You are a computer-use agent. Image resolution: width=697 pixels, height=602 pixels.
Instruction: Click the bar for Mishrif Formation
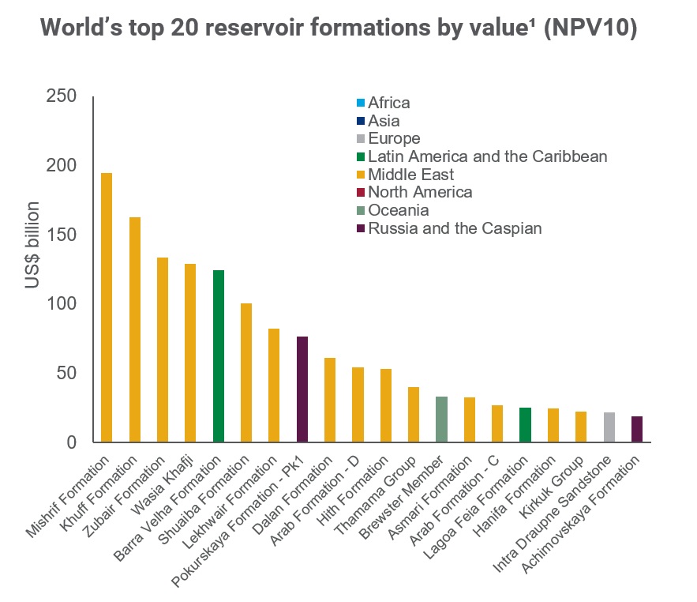[x=107, y=308]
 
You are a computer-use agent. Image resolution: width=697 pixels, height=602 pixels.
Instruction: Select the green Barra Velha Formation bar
[x=219, y=356]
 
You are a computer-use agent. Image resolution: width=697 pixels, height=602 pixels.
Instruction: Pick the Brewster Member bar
[x=441, y=420]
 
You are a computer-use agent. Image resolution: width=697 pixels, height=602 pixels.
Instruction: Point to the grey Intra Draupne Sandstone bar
[x=609, y=427]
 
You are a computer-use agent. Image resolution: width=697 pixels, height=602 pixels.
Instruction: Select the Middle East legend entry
[x=410, y=175]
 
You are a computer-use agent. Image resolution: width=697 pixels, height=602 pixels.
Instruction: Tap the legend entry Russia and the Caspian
[x=455, y=228]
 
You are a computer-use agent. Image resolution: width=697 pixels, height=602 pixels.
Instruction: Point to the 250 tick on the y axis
[x=61, y=97]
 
